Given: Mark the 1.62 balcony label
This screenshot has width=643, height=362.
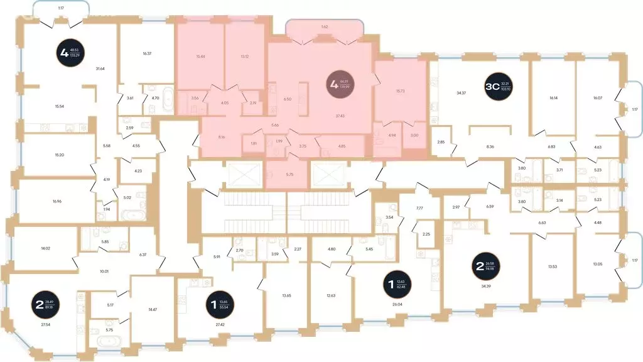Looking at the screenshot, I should tap(325, 27).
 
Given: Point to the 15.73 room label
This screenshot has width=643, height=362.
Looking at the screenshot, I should tap(400, 90).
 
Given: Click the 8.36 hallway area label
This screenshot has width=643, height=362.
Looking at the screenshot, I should tap(489, 146).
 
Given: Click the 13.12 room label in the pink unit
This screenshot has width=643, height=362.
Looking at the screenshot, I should tap(244, 56).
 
